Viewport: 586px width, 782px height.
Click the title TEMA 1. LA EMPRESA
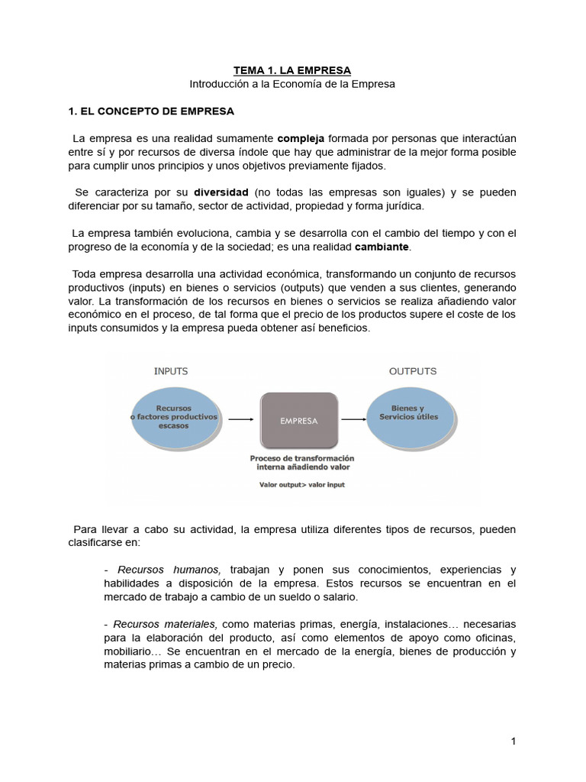point(292,70)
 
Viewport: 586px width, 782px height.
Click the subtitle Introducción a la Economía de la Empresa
point(292,84)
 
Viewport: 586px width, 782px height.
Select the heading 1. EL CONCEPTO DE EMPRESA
point(151,111)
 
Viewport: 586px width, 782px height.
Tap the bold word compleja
point(301,138)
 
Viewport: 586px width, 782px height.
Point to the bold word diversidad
point(221,192)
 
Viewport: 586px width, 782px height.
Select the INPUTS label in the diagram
point(171,371)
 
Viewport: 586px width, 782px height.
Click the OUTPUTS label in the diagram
point(413,371)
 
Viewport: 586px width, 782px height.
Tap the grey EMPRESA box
point(299,420)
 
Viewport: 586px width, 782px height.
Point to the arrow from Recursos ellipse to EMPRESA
point(240,419)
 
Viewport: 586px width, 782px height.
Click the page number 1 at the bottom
point(514,742)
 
